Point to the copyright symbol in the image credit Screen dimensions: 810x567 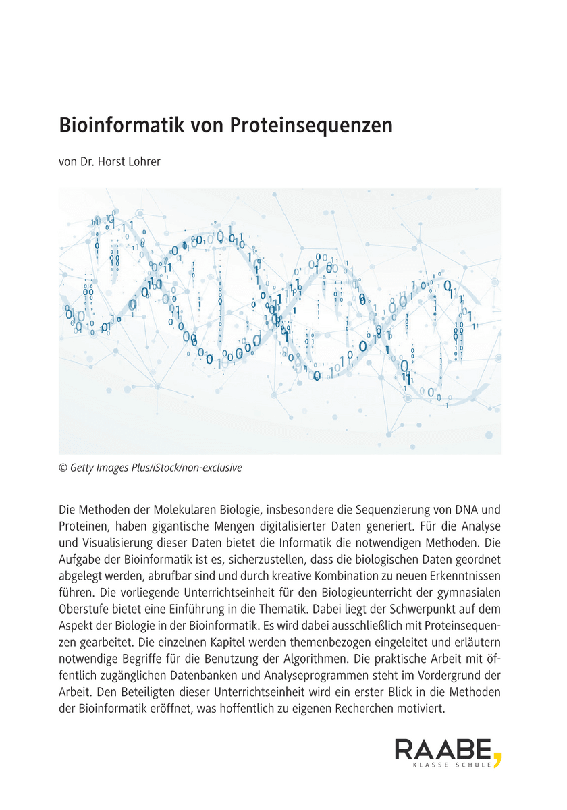coord(63,468)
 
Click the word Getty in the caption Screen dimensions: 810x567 coord(83,468)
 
